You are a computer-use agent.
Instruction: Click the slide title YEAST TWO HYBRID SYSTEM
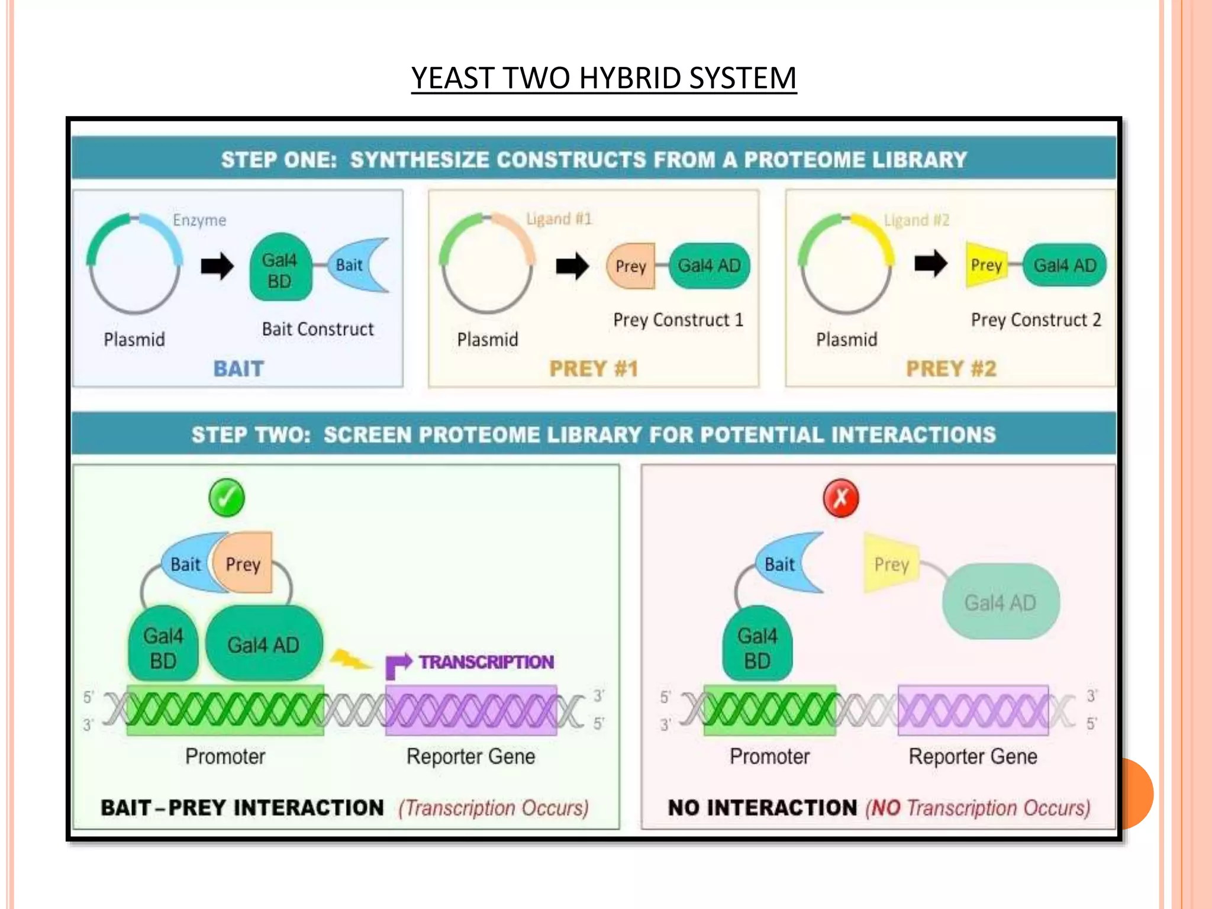point(604,78)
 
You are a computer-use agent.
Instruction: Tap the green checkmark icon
point(227,498)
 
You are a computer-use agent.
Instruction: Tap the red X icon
point(841,498)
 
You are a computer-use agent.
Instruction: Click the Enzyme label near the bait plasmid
point(199,220)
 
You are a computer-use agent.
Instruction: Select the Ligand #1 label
point(559,219)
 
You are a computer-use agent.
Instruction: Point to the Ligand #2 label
point(916,220)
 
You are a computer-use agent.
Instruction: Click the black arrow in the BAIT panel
point(217,266)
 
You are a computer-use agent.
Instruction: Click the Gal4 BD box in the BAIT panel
point(280,270)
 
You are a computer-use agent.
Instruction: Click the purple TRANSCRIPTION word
point(486,662)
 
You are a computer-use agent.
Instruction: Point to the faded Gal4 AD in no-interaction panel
point(1000,602)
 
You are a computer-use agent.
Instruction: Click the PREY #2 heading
point(951,369)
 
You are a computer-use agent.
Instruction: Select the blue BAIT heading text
point(238,369)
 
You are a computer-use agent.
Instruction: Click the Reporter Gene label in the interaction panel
point(470,756)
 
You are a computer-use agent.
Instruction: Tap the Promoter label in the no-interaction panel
point(769,756)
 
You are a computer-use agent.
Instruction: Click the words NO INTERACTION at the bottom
point(762,808)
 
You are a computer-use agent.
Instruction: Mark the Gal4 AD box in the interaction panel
point(264,644)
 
